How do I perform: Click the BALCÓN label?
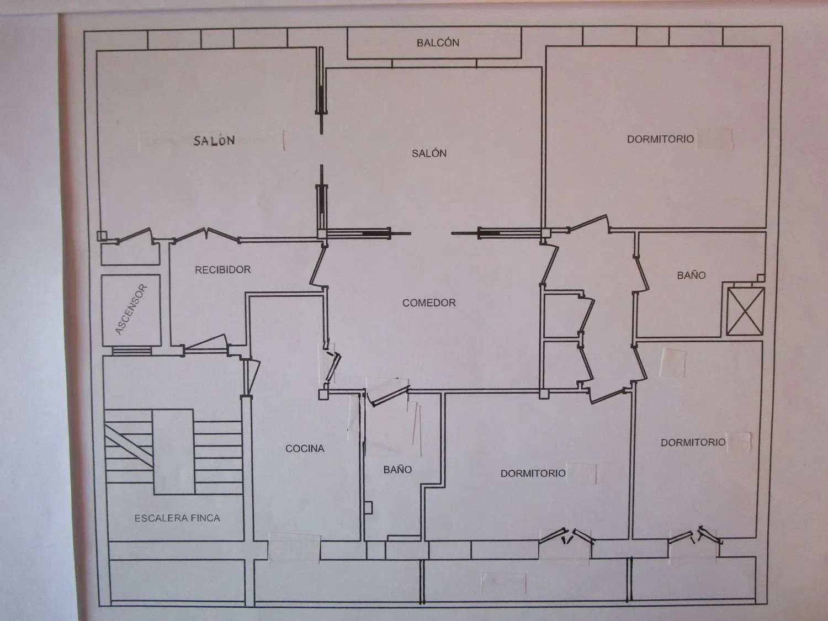click(438, 43)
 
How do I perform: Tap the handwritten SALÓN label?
click(214, 140)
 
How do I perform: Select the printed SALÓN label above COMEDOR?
click(429, 153)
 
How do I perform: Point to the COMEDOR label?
click(429, 302)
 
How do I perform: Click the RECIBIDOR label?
click(222, 269)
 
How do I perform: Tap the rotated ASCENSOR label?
click(130, 310)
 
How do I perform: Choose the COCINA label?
click(305, 448)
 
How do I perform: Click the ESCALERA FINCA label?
click(177, 518)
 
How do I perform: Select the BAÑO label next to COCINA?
click(397, 469)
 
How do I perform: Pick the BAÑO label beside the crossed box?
click(691, 275)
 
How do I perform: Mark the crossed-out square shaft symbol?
click(745, 311)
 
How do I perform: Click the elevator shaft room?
click(131, 310)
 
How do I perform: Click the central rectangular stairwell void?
click(173, 452)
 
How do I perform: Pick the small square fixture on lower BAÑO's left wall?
click(369, 507)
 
